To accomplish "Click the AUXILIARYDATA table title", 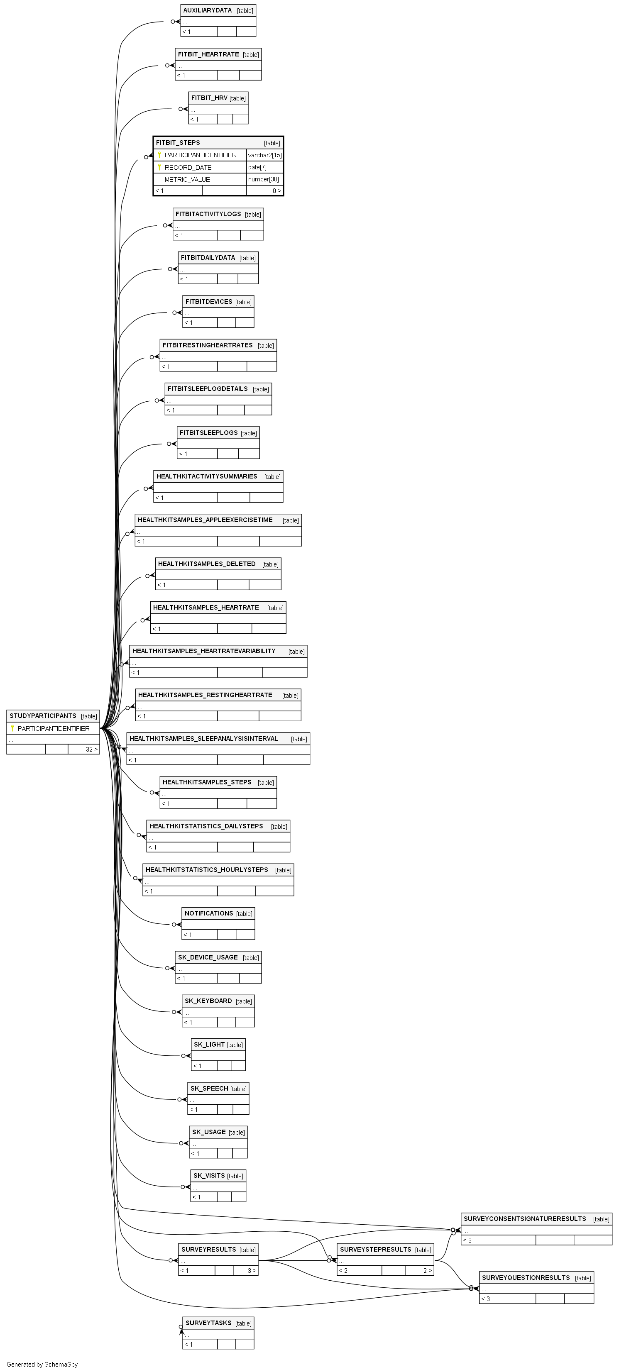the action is coord(207,10).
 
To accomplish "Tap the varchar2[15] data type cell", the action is coord(265,155).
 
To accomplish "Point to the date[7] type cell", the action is coord(257,167).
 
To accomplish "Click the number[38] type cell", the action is coord(263,180).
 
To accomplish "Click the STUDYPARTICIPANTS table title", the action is coord(43,716).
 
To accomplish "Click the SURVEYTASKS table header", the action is coord(218,1323).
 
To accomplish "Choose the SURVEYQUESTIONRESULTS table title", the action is coord(526,1278).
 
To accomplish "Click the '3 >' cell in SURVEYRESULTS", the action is coord(252,1271).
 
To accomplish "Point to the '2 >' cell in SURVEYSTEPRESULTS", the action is coord(428,1271).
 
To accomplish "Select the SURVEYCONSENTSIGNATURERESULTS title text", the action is coord(525,1218).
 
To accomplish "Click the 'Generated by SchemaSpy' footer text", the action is coord(42,1365).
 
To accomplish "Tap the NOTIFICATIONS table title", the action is coord(209,913).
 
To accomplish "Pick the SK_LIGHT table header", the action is coord(218,1045).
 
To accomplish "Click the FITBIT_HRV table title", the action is coord(209,98).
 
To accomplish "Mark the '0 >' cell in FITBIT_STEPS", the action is coord(277,190).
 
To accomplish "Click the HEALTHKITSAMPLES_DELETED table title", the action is coord(207,564).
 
